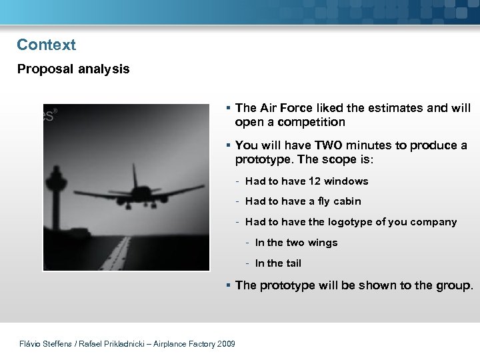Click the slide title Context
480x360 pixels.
point(47,45)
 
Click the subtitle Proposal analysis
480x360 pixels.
point(73,69)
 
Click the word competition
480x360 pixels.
point(313,122)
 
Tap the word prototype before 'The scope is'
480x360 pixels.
point(264,160)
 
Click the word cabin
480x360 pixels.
point(347,201)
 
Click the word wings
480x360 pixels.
point(322,243)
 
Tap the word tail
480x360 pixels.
point(293,263)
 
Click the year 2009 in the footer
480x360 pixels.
point(225,344)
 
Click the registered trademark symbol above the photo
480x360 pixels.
point(55,110)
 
